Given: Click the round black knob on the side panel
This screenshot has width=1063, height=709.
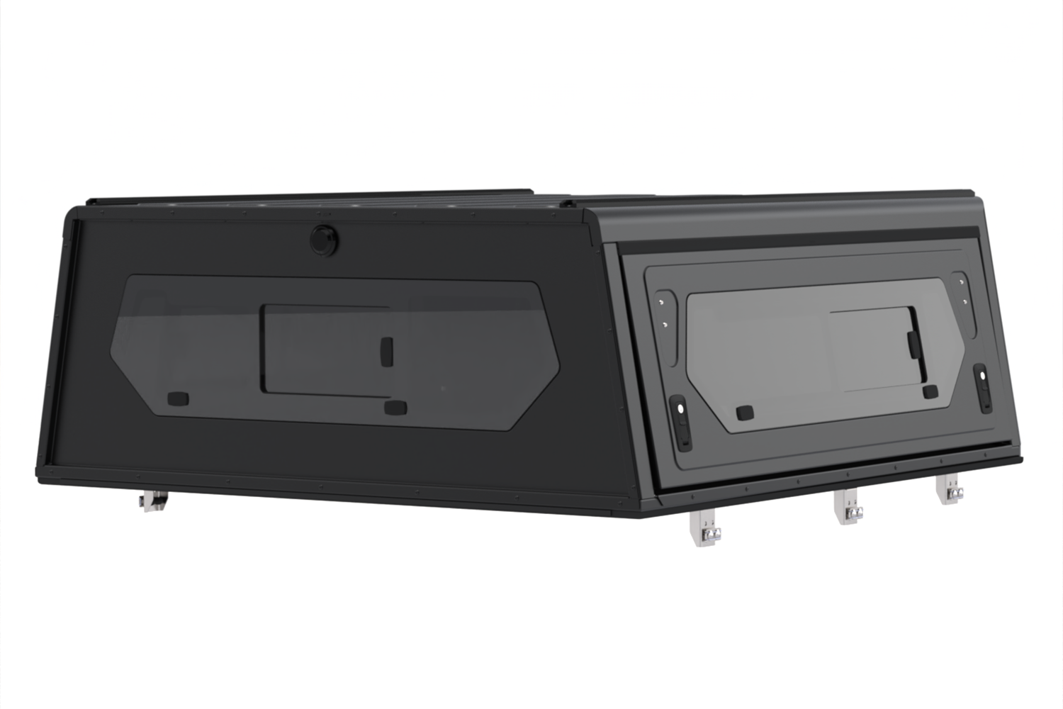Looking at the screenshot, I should [x=323, y=239].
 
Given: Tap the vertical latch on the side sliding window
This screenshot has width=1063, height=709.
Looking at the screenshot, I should [x=386, y=350].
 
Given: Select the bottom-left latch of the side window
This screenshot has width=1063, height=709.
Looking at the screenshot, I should [x=178, y=400].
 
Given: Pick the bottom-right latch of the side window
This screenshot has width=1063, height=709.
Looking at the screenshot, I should [x=394, y=408].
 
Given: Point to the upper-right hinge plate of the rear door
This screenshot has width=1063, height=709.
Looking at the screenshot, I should [x=962, y=291].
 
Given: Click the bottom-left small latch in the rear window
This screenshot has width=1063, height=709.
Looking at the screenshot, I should [x=744, y=413].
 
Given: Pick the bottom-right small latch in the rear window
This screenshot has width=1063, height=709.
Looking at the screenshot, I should [x=930, y=392].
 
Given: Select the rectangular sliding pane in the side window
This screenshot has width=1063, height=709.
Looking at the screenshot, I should [x=326, y=350].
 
